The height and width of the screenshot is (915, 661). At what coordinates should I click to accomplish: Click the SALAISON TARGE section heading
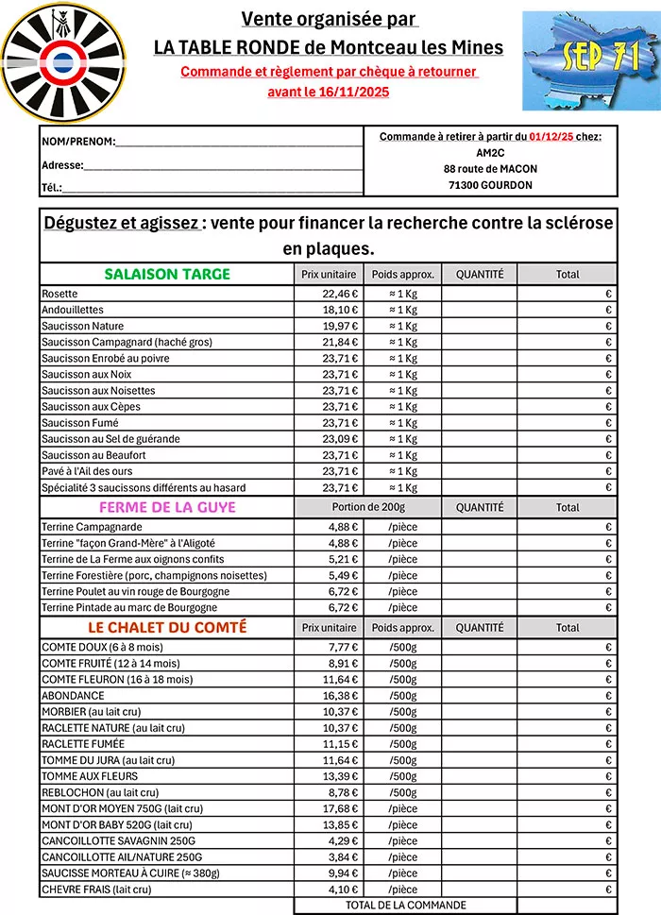(x=167, y=274)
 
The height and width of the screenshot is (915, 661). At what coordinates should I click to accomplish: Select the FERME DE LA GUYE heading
(x=167, y=507)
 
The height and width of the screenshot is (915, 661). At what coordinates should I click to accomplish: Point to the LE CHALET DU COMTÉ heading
(x=167, y=627)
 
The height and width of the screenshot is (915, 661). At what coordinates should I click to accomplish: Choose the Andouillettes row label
(x=73, y=310)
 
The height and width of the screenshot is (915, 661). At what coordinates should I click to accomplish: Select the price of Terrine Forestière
(x=342, y=575)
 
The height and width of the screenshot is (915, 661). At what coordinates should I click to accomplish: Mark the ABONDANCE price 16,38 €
(x=339, y=694)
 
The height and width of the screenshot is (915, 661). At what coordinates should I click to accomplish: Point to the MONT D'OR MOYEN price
(x=339, y=808)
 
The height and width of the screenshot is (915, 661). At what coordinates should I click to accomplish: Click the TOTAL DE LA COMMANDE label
(x=405, y=906)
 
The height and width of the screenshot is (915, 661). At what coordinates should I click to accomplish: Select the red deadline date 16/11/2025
(x=348, y=92)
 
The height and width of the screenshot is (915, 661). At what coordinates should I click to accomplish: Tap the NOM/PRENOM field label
(x=77, y=142)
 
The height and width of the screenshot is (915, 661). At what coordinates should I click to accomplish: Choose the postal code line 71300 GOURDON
(x=490, y=185)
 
